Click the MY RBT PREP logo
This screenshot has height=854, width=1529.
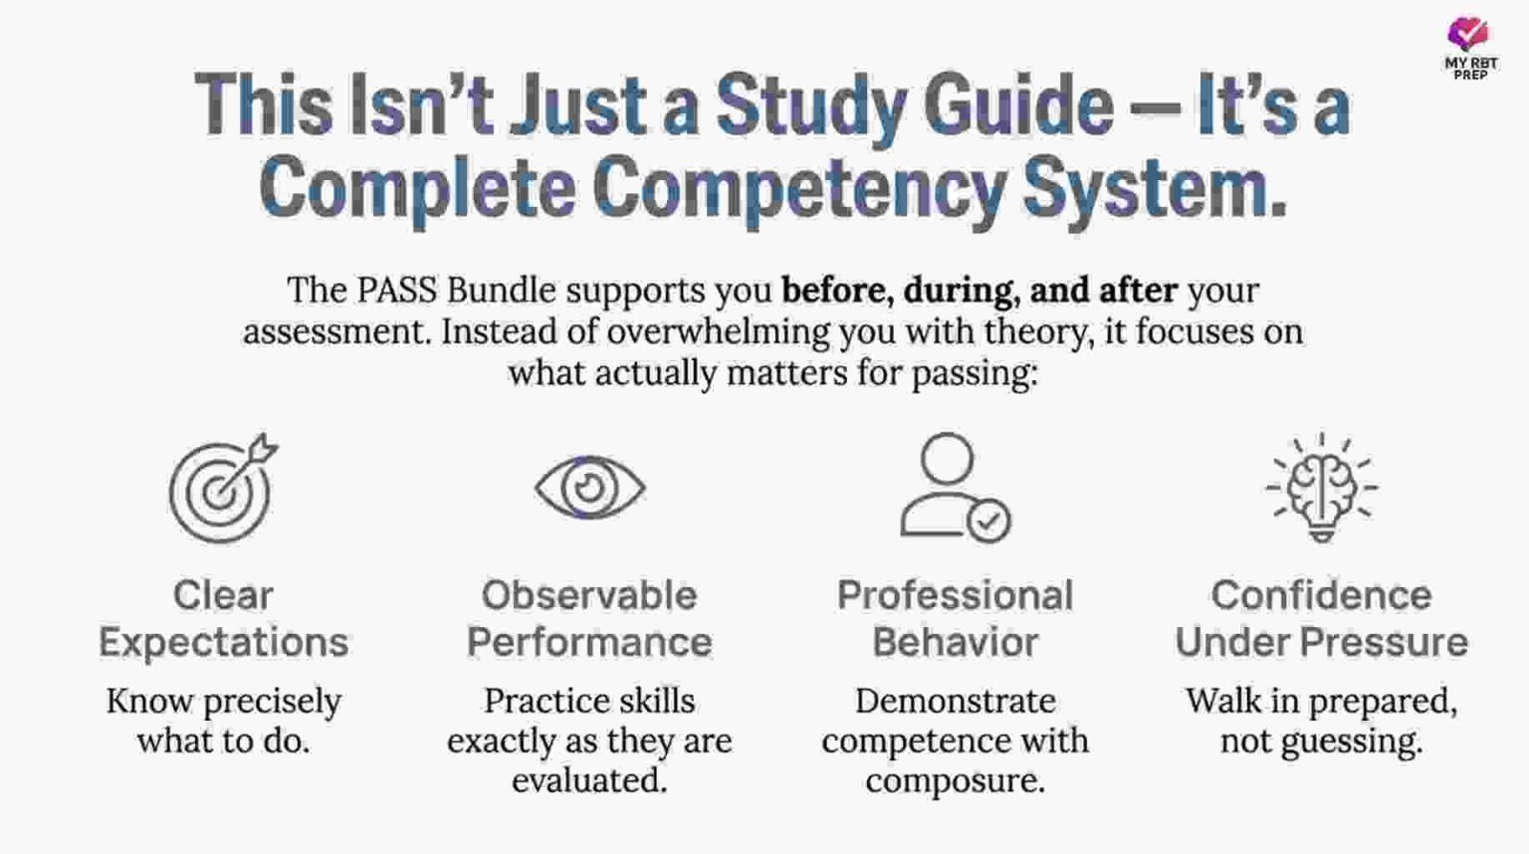click(x=1469, y=47)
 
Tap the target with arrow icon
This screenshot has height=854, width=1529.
click(x=222, y=489)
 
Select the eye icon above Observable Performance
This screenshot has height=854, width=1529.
click(x=589, y=488)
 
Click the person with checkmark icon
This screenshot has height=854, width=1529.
click(x=954, y=488)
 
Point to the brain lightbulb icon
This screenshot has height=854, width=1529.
click(x=1321, y=488)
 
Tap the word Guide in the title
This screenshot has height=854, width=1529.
click(x=1017, y=106)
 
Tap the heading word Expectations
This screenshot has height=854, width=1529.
click(x=223, y=642)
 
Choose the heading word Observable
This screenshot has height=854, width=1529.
click(x=589, y=595)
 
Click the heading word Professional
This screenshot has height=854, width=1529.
click(x=955, y=595)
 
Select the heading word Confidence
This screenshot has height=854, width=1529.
click(x=1321, y=595)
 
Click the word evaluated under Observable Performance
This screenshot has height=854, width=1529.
click(x=589, y=780)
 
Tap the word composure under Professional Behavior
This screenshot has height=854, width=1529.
click(x=955, y=780)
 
